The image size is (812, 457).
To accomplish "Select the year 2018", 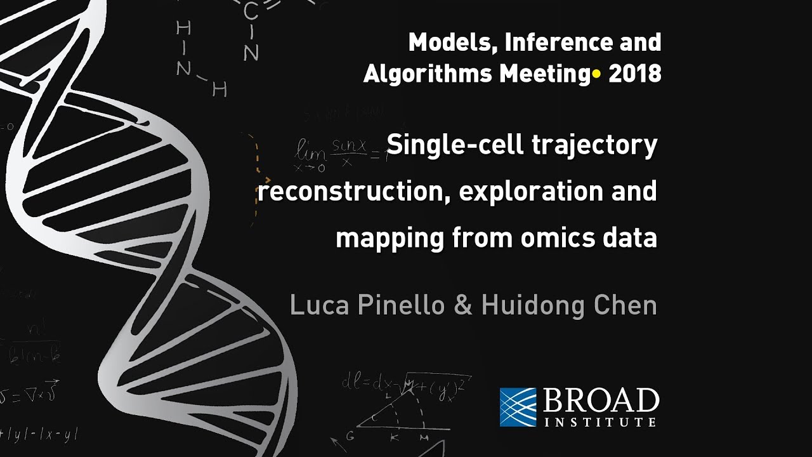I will pos(634,74).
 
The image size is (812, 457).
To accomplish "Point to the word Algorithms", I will pos(427,74).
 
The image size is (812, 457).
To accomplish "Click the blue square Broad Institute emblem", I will pos(518,407).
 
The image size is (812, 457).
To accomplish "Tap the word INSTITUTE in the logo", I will pos(600,421).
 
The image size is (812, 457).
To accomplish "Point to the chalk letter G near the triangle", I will pos(350,437).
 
